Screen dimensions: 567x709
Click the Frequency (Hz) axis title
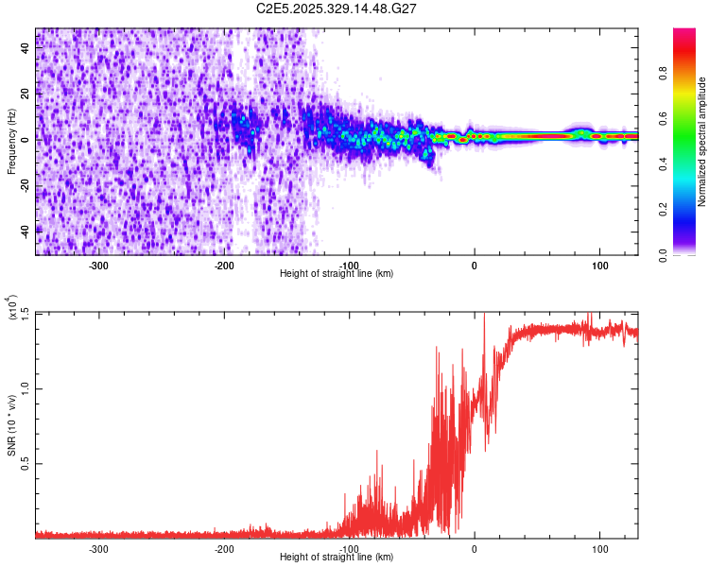[x=11, y=142]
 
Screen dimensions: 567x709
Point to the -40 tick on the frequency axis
[x=26, y=230]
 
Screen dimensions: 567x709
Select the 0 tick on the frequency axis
[x=26, y=139]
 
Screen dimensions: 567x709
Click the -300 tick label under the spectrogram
[x=99, y=266]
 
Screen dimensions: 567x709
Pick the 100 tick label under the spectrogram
[x=599, y=266]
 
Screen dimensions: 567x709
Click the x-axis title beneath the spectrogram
[x=337, y=274]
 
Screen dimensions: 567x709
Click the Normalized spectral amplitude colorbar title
[x=702, y=142]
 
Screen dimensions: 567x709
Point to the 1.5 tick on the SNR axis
[x=26, y=313]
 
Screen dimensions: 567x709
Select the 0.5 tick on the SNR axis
[x=26, y=462]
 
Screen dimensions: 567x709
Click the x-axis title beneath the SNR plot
[x=337, y=558]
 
